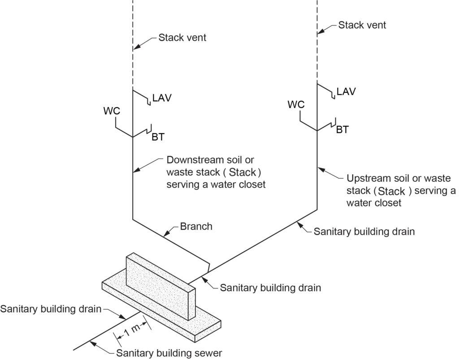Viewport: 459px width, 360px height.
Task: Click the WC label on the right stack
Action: click(x=296, y=104)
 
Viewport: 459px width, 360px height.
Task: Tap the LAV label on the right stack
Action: click(x=346, y=91)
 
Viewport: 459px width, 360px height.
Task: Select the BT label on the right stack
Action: click(x=342, y=130)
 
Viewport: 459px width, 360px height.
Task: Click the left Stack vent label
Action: click(x=182, y=38)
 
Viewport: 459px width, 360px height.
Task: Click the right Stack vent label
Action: click(x=362, y=25)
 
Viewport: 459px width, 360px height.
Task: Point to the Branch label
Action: click(x=196, y=226)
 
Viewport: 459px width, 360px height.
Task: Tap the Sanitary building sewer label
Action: click(x=169, y=353)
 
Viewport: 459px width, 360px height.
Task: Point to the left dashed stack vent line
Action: click(x=133, y=45)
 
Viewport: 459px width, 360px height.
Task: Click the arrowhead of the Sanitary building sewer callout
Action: click(x=91, y=343)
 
